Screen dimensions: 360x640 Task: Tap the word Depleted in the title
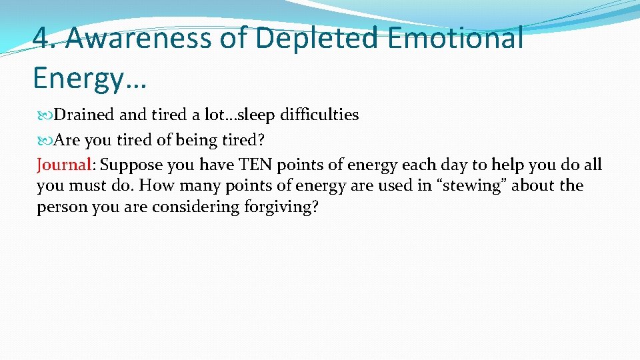coord(312,38)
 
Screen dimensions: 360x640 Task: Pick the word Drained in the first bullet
coord(84,115)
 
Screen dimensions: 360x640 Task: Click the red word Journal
coord(63,165)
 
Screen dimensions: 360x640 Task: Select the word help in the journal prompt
coord(507,165)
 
